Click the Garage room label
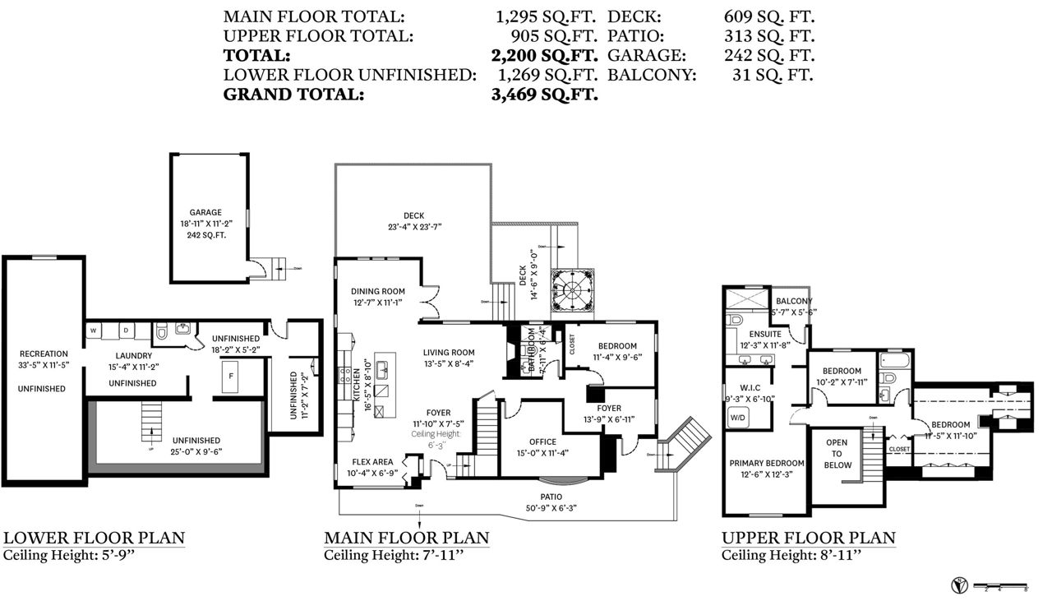coord(205,212)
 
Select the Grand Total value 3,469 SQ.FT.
coord(544,94)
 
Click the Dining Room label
coord(378,291)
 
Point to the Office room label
coord(542,442)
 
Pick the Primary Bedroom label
coord(767,463)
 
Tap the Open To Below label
coord(837,454)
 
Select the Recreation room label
coord(44,354)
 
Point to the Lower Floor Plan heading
coord(94,539)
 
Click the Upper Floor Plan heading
coord(809,539)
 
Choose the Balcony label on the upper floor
coord(793,301)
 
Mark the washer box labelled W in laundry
coord(94,331)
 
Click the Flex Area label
coord(374,461)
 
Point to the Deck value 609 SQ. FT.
coord(768,16)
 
